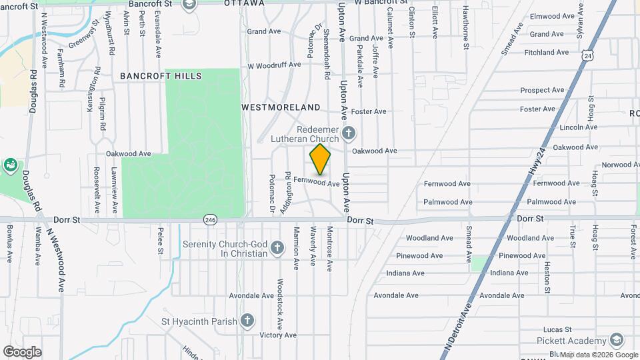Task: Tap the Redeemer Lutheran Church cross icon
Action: (348, 135)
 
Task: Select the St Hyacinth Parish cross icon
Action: (247, 321)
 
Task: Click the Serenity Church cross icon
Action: (277, 249)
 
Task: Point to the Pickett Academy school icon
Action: (617, 341)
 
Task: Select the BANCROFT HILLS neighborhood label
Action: (161, 76)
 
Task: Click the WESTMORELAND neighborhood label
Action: (281, 107)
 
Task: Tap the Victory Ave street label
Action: (278, 335)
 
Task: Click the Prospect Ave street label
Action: (542, 90)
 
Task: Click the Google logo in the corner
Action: (22, 352)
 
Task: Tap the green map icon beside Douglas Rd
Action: (11, 165)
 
